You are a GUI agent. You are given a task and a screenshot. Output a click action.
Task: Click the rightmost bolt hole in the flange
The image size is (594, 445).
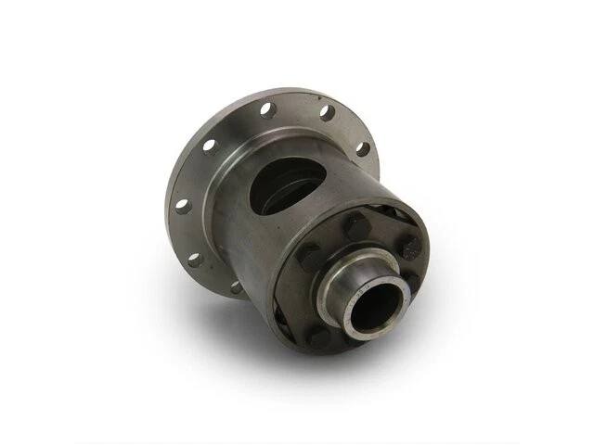coord(362,148)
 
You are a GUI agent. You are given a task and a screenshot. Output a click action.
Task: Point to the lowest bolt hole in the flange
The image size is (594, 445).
coord(237,287)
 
